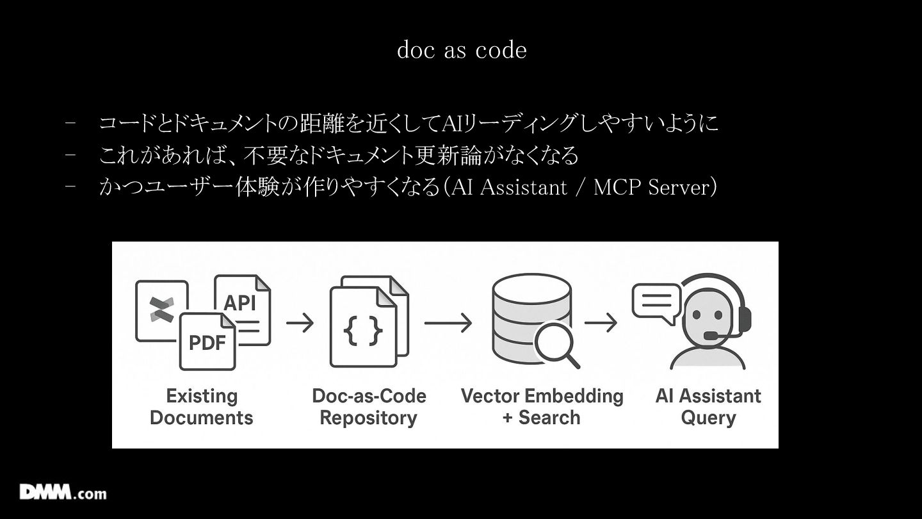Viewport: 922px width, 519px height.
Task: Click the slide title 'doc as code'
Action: point(462,50)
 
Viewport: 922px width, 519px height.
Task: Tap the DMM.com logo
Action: point(63,492)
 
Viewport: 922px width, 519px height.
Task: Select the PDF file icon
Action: point(207,342)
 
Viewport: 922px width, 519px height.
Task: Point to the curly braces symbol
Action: point(363,331)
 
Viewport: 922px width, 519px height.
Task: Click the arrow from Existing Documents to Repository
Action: point(300,322)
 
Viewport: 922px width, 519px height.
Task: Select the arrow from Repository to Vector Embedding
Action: point(448,322)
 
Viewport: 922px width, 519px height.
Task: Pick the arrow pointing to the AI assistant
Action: point(601,322)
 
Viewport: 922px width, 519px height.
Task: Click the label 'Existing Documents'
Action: point(202,407)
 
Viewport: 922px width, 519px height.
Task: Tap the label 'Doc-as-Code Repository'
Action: point(369,407)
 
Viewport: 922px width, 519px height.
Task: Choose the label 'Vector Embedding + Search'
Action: point(542,407)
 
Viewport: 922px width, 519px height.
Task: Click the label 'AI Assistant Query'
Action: point(708,407)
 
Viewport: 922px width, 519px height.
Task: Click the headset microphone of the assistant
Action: point(711,335)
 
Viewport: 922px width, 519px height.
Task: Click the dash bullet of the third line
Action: point(70,188)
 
